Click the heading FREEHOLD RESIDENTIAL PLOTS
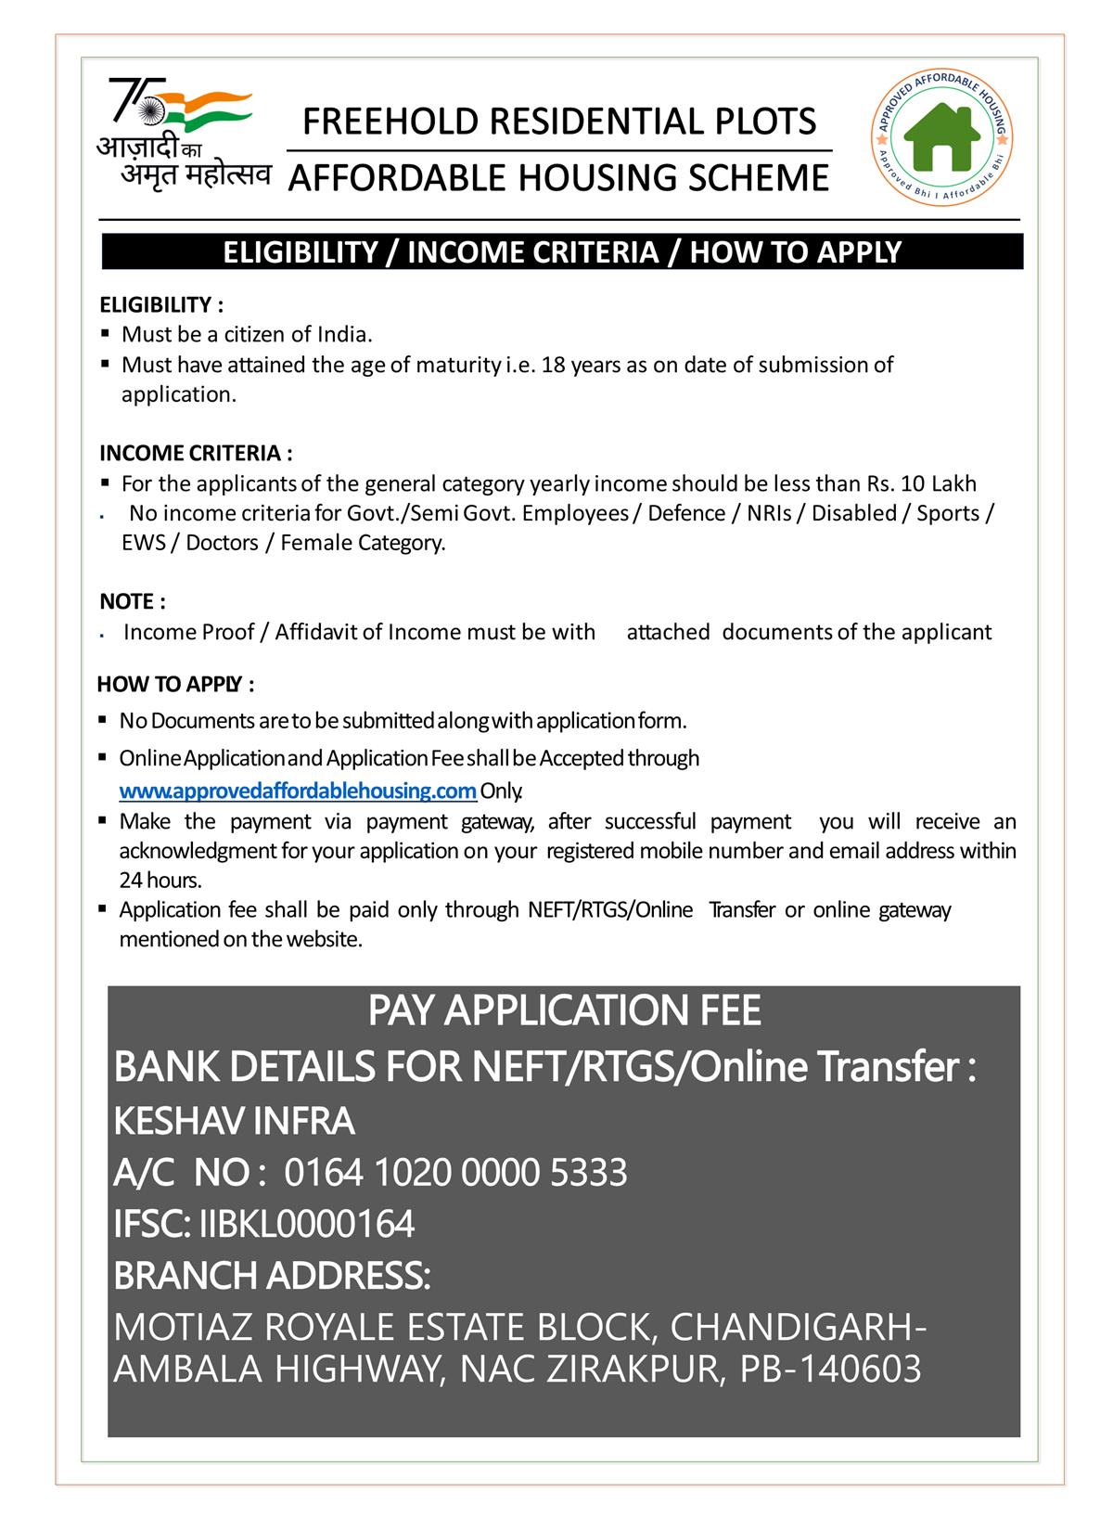[560, 122]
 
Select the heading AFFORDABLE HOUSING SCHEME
[558, 177]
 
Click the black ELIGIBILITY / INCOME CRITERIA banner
[562, 251]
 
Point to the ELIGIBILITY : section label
[161, 304]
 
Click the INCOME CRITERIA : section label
[196, 453]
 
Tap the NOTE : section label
[133, 601]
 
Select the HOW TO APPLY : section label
[175, 685]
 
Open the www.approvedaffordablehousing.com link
[298, 791]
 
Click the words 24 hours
[160, 880]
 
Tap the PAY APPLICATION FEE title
[564, 1010]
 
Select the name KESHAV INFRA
[234, 1121]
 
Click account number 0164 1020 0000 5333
[455, 1173]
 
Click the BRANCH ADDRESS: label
[272, 1276]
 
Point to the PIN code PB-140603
[830, 1369]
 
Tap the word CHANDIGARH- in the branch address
[797, 1327]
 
